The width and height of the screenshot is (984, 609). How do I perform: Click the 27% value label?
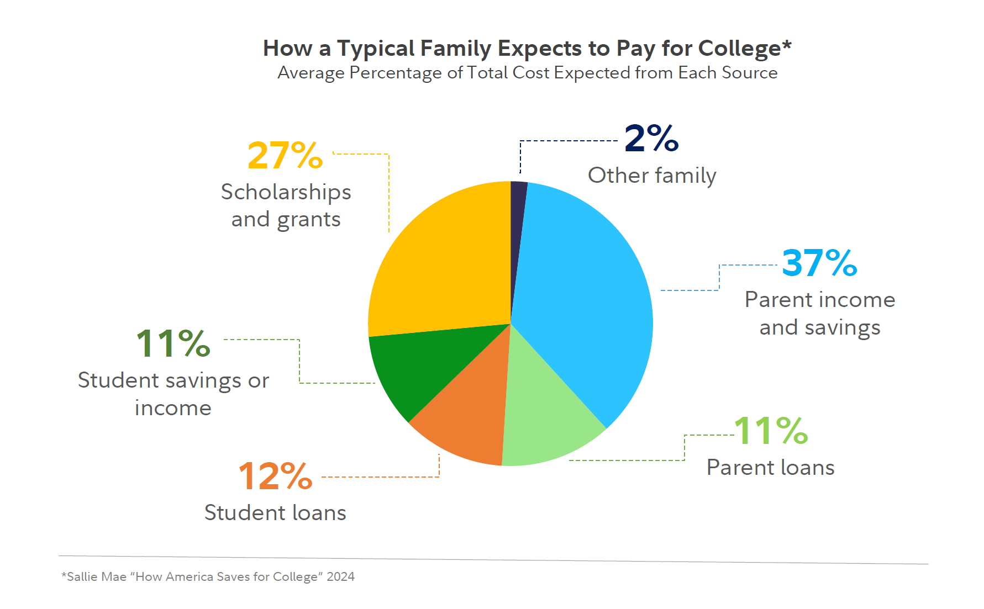pos(285,155)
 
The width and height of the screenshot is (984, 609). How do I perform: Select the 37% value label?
pos(819,263)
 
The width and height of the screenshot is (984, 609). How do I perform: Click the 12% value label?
pos(275,476)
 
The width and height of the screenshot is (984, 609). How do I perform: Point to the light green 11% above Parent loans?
pos(771,431)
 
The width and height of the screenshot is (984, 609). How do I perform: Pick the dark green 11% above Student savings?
pos(173,343)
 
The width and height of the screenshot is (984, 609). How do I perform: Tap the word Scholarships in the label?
pos(286,192)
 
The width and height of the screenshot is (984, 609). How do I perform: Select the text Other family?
pos(652,176)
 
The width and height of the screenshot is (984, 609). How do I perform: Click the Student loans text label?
pos(275,513)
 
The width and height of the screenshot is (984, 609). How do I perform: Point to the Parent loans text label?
pos(770,468)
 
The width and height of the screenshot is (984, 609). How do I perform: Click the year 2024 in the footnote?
pos(340,577)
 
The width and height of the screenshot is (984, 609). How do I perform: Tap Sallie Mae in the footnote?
pos(96,577)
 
